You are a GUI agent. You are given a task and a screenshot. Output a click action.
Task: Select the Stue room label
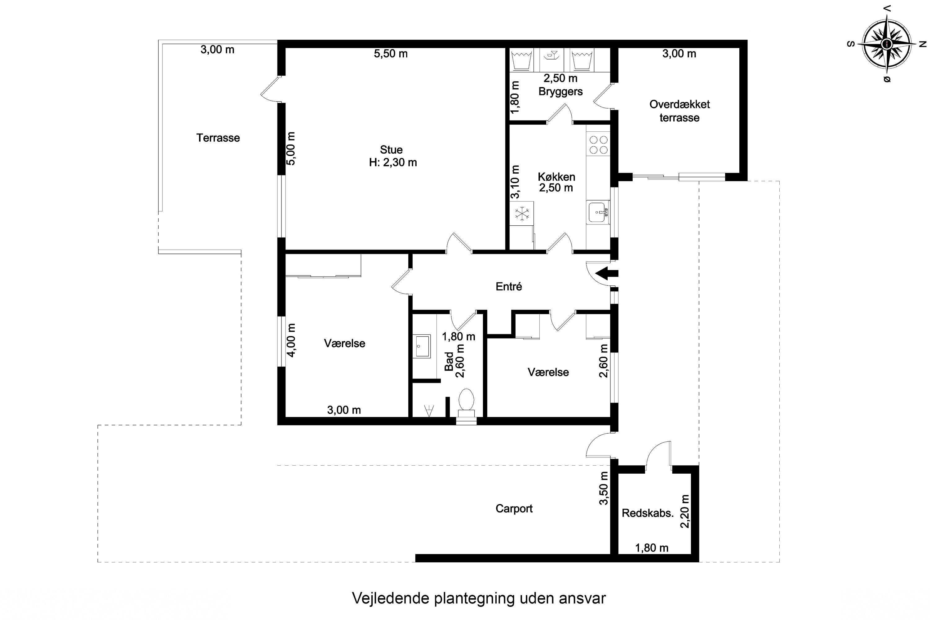pos(391,150)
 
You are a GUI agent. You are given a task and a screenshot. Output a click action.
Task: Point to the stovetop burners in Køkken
pos(598,145)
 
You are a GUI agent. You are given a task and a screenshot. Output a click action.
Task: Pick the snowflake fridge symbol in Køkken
pos(521,214)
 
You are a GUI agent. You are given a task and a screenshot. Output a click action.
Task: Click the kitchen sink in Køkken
pos(597,212)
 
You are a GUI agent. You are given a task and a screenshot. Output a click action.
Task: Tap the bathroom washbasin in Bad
pos(422,346)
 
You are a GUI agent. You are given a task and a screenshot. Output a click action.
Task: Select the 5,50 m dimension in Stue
pos(391,54)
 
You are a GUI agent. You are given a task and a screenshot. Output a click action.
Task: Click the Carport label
pos(514,508)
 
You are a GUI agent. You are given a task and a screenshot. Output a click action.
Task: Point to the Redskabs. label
pos(648,513)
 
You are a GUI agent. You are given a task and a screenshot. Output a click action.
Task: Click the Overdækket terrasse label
pos(679,111)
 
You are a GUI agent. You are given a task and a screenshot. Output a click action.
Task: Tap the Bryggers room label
pos(560,92)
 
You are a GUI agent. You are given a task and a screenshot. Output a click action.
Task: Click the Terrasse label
pos(218,138)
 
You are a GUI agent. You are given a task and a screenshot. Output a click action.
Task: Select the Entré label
pos(509,286)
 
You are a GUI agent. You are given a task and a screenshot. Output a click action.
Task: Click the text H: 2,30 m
pos(393,162)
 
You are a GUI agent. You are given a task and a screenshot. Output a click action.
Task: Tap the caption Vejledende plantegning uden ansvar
pos(479,598)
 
